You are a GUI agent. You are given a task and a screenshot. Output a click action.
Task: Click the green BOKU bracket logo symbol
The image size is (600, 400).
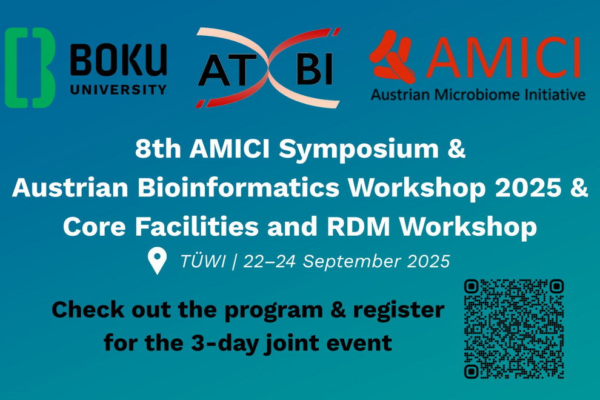tap(30, 67)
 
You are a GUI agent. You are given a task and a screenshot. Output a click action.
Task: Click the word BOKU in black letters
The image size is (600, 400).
tap(119, 60)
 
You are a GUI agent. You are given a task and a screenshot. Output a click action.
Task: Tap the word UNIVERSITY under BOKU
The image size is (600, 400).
tap(119, 90)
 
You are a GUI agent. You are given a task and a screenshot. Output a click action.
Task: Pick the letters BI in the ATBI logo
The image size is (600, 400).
tap(315, 69)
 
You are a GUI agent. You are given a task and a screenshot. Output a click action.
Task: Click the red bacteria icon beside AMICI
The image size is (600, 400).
tap(393, 56)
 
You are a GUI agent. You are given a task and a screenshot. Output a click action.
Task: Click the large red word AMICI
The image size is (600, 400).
tap(502, 58)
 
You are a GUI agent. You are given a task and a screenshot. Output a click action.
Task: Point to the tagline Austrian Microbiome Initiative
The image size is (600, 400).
tap(478, 94)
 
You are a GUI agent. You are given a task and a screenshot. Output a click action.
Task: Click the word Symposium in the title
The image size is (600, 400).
tap(359, 150)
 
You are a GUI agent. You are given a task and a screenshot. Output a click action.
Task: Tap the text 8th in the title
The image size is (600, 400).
tap(158, 149)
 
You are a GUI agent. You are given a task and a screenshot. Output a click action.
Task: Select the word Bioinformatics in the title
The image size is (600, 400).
tap(238, 187)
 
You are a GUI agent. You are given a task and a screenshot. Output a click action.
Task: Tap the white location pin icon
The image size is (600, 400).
tap(157, 260)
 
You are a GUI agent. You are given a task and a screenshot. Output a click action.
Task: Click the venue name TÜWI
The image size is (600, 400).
tap(202, 261)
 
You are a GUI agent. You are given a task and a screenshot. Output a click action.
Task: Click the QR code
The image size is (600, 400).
tap(514, 329)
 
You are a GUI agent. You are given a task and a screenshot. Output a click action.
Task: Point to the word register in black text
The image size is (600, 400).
tap(399, 311)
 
